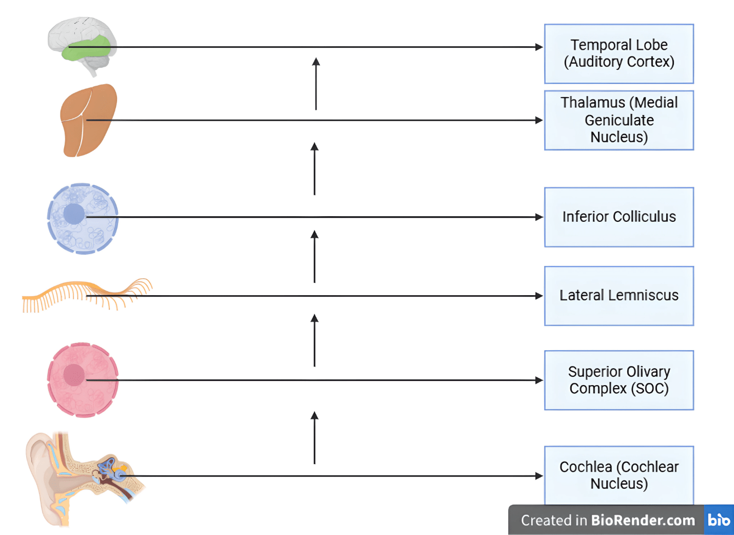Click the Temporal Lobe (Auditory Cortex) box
619,53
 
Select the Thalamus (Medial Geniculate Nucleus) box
619,120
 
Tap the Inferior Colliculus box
619,217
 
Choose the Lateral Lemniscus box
619,296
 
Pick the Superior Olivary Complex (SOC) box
619,380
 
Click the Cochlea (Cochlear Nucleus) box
619,475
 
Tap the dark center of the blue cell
74,214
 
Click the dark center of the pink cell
74,375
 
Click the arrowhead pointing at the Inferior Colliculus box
539,217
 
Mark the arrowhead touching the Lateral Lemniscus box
539,296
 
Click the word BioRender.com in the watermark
643,520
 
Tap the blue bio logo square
719,520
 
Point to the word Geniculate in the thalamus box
619,120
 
